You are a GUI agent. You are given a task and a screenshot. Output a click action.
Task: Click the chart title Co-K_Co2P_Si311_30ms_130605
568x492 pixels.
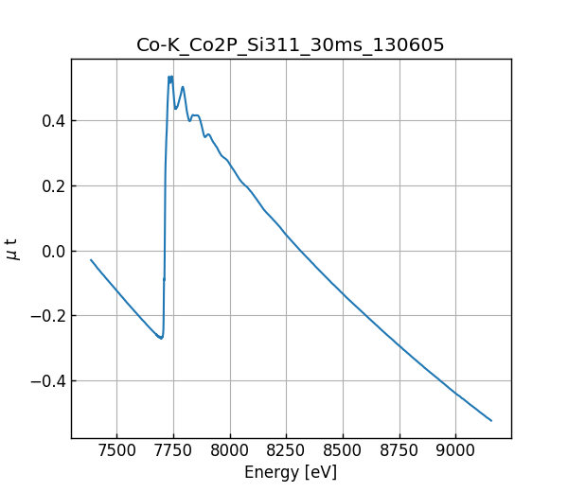coord(291,45)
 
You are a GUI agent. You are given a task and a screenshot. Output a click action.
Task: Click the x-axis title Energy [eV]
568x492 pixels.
coord(291,472)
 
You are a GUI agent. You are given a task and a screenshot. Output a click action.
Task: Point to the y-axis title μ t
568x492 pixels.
coord(12,249)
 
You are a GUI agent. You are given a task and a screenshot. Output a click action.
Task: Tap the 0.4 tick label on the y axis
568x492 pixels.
coord(51,121)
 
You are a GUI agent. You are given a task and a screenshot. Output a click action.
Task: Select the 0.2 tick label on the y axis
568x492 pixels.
coord(51,186)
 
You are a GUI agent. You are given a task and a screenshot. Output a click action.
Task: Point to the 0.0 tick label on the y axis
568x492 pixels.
coord(51,251)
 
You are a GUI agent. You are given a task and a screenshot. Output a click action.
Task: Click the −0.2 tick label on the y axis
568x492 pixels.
coord(47,316)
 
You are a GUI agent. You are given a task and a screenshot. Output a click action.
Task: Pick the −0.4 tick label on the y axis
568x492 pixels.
coord(47,381)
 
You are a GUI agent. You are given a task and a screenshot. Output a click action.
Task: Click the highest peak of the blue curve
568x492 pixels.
coord(169,77)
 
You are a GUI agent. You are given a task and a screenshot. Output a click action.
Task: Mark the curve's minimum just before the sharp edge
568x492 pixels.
coord(162,338)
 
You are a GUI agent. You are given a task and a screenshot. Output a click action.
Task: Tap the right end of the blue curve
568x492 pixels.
coord(491,420)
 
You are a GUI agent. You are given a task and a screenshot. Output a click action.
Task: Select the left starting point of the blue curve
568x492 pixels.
coord(91,259)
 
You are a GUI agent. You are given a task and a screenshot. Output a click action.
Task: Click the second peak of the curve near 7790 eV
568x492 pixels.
coord(183,87)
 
